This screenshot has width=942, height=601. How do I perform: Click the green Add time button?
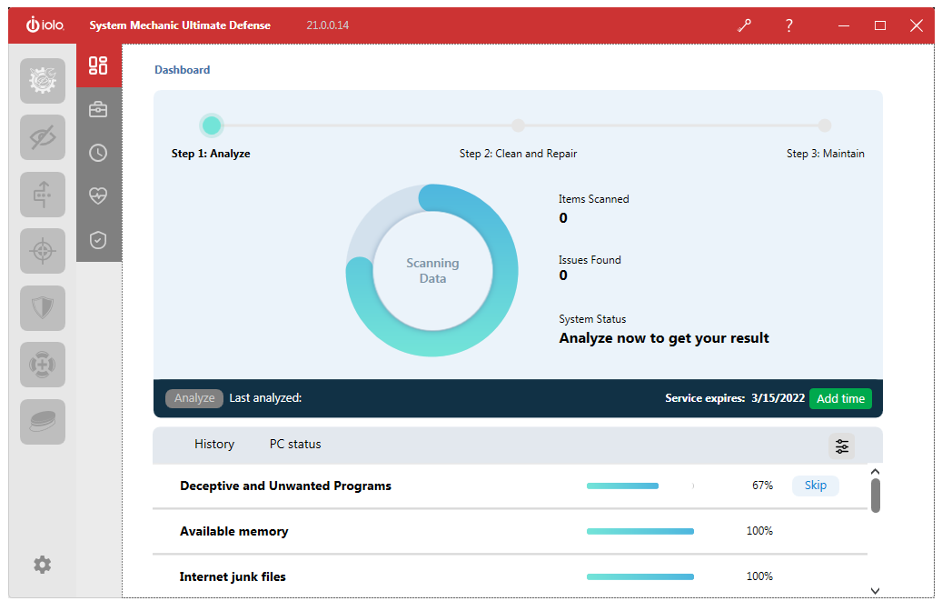840,398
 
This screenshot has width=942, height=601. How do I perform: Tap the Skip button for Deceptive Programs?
815,485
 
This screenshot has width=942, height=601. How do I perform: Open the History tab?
214,444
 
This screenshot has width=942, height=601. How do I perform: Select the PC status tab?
295,444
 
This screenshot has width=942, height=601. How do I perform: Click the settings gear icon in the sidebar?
42,565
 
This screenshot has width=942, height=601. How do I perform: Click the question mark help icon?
788,25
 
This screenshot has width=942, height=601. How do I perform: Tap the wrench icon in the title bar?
744,25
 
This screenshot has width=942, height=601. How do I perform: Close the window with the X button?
917,25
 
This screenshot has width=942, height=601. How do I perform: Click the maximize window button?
880,25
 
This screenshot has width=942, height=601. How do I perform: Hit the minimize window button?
844,25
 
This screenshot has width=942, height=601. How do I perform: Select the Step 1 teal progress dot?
212,125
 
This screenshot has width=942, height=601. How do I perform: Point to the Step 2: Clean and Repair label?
518,154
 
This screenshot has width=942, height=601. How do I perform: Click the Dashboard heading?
182,70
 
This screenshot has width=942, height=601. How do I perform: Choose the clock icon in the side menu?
98,153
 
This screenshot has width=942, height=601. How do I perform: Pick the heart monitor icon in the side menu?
98,195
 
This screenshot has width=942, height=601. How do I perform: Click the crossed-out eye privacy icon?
43,137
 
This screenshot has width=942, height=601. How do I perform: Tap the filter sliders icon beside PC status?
842,446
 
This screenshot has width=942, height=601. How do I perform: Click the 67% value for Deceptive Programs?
762,485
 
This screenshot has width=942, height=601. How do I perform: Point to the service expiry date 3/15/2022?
778,397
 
